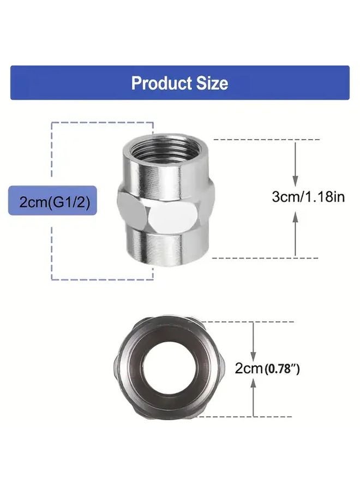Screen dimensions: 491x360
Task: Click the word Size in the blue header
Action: click(212, 83)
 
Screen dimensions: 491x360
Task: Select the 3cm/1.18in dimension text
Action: click(308, 197)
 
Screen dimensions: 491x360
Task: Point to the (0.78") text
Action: click(282, 369)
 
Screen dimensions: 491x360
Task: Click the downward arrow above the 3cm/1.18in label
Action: click(296, 164)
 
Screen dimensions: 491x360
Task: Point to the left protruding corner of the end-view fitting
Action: click(115, 369)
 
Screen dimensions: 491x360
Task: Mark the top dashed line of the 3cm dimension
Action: click(256, 140)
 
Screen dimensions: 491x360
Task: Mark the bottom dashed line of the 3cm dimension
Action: click(256, 257)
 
